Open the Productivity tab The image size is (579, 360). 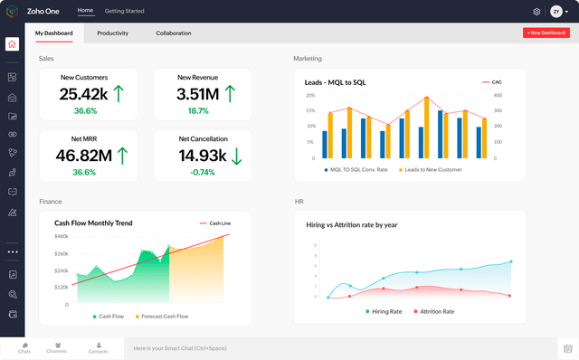pyautogui.click(x=112, y=33)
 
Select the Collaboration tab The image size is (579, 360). pyautogui.click(x=173, y=33)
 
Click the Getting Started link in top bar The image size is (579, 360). pyautogui.click(x=124, y=11)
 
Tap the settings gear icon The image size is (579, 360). pyautogui.click(x=536, y=12)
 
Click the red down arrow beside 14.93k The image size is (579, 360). pyautogui.click(x=236, y=156)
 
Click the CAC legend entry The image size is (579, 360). pyautogui.click(x=492, y=82)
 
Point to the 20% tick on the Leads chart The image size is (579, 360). pyautogui.click(x=310, y=95)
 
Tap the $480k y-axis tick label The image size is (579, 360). pyautogui.click(x=61, y=236)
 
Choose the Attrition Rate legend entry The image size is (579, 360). pyautogui.click(x=434, y=311)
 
